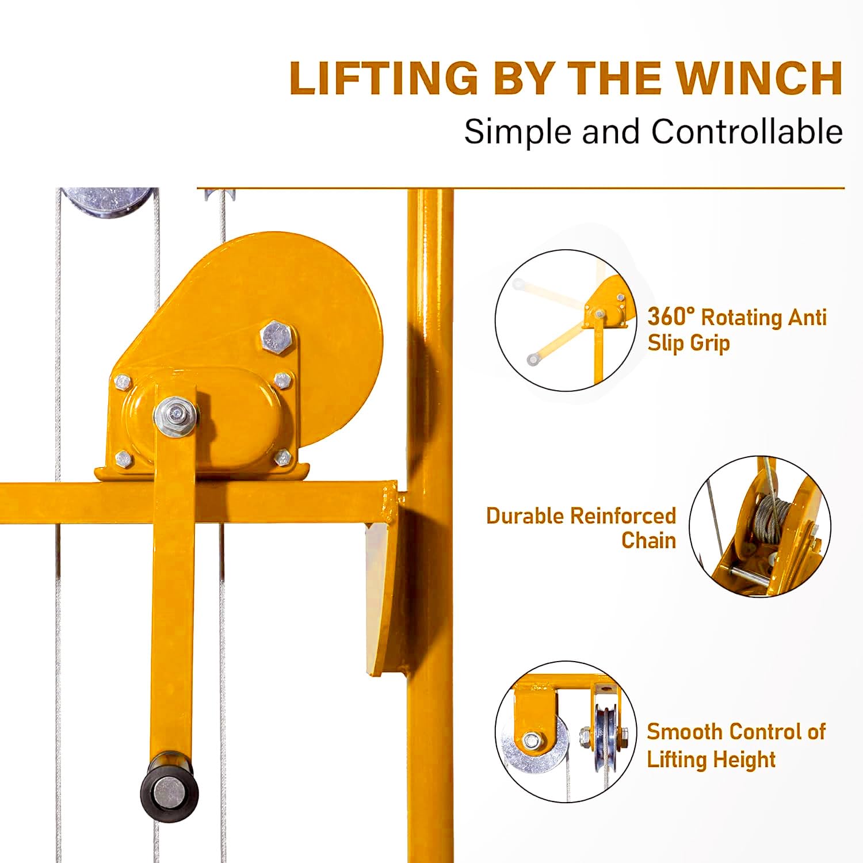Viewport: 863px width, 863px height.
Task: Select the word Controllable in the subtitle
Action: click(747, 131)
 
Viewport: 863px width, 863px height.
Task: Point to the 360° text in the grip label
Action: click(671, 316)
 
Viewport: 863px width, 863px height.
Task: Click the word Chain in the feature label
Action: click(648, 540)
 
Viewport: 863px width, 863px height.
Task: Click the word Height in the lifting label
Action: click(744, 759)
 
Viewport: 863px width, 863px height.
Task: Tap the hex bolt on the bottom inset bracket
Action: click(531, 739)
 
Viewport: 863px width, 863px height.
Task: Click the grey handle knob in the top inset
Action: click(533, 360)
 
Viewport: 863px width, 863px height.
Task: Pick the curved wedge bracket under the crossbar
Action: click(384, 598)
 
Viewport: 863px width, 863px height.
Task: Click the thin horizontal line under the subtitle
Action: click(521, 188)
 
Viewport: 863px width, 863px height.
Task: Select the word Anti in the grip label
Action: click(807, 316)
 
